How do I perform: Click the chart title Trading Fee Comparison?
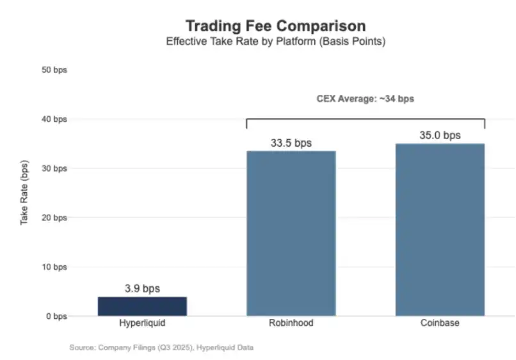(x=275, y=26)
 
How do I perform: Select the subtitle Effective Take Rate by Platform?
(x=275, y=42)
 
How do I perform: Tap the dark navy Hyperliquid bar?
(x=142, y=306)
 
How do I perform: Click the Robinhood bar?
(x=291, y=234)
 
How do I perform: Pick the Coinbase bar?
(x=440, y=231)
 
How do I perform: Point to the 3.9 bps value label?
(x=142, y=289)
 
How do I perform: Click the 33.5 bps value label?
(x=291, y=143)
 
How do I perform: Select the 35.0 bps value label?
(x=440, y=135)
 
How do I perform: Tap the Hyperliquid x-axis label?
(x=142, y=323)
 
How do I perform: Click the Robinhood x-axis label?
(x=291, y=323)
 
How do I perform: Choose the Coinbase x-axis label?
(x=440, y=323)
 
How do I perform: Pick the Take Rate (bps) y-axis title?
(x=24, y=192)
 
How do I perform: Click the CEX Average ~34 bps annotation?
(x=366, y=99)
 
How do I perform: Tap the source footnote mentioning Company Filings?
(x=161, y=347)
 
